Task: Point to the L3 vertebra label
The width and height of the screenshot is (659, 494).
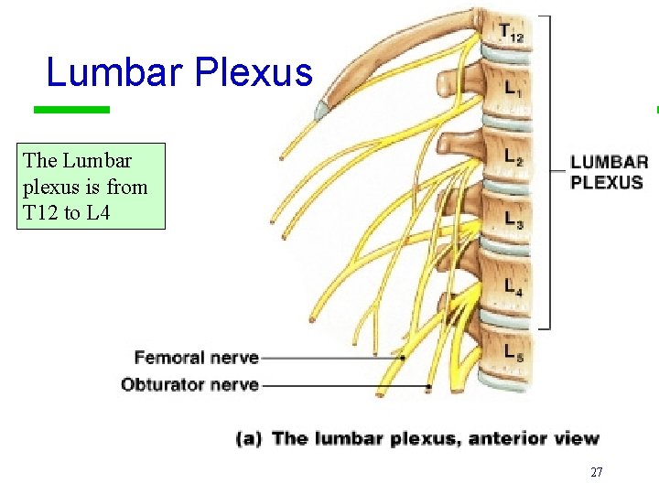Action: (x=514, y=219)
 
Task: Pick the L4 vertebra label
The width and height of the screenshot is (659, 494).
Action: (x=513, y=285)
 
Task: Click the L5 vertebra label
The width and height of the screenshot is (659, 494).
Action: (x=513, y=351)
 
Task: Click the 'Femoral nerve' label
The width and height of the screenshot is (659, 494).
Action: (x=196, y=358)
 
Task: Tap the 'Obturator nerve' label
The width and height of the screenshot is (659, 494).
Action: (x=189, y=384)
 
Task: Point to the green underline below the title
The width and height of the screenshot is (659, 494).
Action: (x=71, y=110)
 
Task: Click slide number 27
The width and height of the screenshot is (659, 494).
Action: (x=596, y=472)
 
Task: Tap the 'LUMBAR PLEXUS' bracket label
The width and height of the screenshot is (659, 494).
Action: (x=609, y=172)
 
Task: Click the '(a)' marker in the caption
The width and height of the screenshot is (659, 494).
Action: (x=250, y=439)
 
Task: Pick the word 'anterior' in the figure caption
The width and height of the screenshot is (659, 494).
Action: (x=506, y=439)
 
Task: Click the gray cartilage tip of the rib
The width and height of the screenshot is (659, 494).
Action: (x=322, y=112)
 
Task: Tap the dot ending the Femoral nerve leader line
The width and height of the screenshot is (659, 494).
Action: (x=403, y=358)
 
